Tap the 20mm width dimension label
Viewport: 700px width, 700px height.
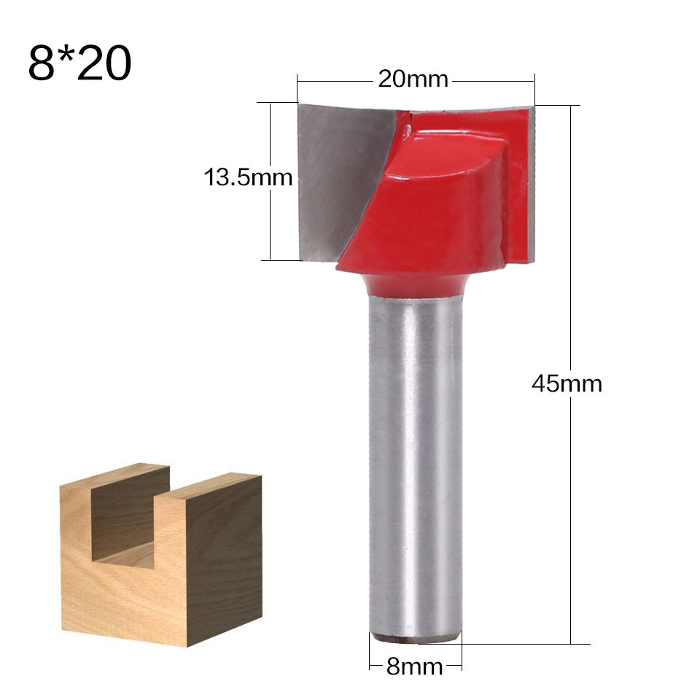click(x=413, y=79)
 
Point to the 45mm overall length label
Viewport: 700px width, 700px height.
click(x=567, y=384)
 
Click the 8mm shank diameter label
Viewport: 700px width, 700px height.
click(x=414, y=666)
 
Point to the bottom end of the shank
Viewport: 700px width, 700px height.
click(x=415, y=637)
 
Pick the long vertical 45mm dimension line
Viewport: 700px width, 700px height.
click(x=570, y=510)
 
